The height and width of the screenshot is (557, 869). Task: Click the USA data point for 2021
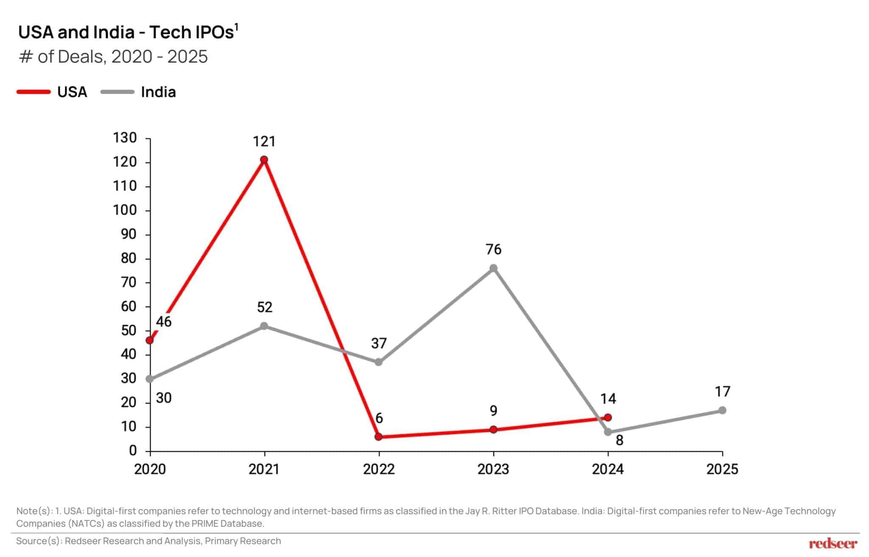(264, 160)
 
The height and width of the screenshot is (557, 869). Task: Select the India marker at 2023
(493, 268)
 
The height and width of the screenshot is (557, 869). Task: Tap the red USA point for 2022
(378, 437)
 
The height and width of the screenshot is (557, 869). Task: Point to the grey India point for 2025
(722, 410)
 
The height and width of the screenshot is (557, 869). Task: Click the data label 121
(264, 141)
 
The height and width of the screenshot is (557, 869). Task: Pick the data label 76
(493, 249)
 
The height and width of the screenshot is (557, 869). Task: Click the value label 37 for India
(379, 343)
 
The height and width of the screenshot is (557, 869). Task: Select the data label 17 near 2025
(722, 391)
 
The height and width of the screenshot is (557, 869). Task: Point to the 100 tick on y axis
(124, 210)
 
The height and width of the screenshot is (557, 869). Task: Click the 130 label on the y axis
(124, 138)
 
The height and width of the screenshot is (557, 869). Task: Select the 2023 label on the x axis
(493, 469)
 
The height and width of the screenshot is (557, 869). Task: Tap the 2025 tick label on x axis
(722, 469)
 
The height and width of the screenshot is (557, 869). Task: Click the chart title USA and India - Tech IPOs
(127, 32)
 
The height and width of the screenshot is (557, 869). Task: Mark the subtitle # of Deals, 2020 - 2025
(113, 57)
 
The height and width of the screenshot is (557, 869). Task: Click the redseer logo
(833, 543)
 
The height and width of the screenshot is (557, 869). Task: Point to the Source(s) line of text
(149, 541)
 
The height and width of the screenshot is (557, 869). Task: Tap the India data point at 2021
(264, 326)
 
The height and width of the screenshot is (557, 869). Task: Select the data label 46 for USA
(163, 322)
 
